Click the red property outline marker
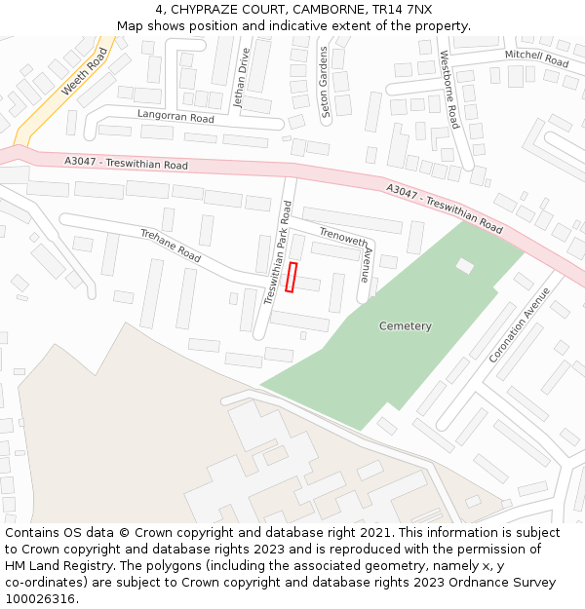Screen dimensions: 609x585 (292, 277)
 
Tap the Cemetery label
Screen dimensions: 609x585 (405, 326)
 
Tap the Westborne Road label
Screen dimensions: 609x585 (448, 90)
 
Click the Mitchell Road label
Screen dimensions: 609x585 (536, 58)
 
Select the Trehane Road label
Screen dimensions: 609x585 (171, 246)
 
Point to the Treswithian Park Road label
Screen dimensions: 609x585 (278, 253)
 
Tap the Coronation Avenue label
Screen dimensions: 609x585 (513, 324)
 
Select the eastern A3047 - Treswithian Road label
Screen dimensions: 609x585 (444, 209)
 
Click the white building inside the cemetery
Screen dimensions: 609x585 (465, 265)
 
